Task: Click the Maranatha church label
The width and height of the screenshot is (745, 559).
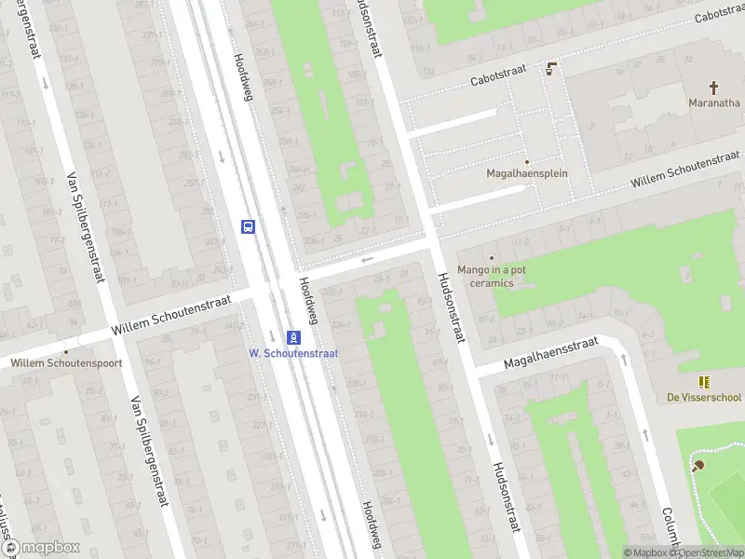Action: click(x=713, y=102)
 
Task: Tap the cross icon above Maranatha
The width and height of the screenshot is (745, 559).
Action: click(x=714, y=87)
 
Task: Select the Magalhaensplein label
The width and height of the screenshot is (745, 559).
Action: click(x=527, y=173)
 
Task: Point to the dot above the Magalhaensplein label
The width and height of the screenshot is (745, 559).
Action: click(x=527, y=161)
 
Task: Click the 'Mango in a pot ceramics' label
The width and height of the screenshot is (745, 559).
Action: click(x=491, y=277)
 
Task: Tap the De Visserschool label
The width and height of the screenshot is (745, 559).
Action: click(x=704, y=397)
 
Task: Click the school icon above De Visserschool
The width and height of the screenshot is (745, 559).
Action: click(x=704, y=381)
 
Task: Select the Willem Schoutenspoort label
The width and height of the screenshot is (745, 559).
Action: click(x=66, y=363)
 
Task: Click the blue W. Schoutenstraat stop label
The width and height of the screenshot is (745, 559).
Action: click(x=293, y=353)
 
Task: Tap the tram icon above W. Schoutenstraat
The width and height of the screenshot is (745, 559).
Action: click(x=293, y=336)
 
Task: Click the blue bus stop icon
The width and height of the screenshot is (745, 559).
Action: click(x=248, y=226)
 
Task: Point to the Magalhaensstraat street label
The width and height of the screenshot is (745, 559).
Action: click(x=549, y=353)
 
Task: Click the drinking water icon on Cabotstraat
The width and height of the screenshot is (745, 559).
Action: click(x=551, y=67)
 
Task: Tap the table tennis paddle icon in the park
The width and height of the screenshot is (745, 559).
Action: click(x=698, y=465)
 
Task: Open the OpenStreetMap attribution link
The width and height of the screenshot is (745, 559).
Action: click(x=709, y=552)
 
